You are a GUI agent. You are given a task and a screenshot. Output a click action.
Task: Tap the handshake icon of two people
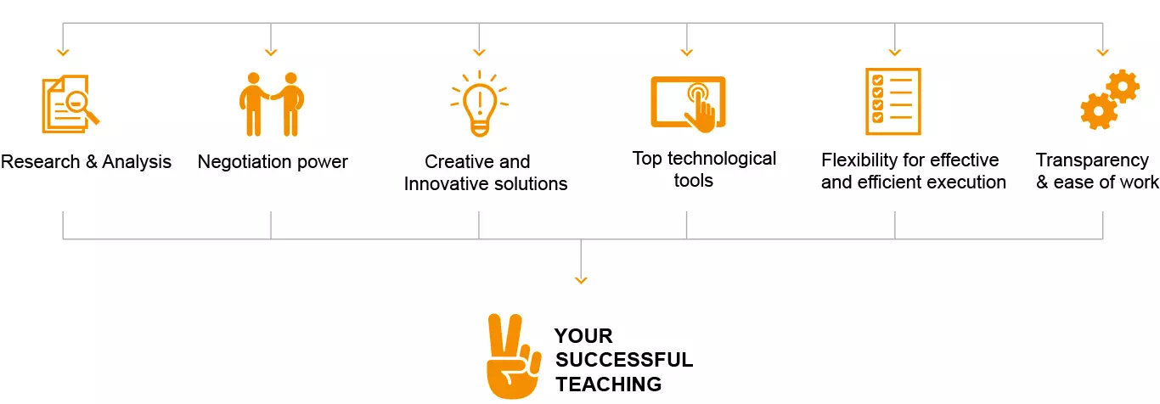(x=270, y=104)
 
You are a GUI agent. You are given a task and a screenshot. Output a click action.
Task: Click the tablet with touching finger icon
(x=688, y=104)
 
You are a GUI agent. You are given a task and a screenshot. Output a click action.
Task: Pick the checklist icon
(x=893, y=102)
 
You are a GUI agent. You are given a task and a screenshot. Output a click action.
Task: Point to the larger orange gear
(x=1098, y=111)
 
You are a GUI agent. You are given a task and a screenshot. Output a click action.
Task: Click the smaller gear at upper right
(x=1123, y=86)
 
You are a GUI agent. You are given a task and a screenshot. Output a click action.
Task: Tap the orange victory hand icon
(x=511, y=356)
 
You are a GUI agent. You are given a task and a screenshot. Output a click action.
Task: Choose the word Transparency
(x=1092, y=160)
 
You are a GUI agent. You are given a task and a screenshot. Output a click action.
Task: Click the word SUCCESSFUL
(x=624, y=360)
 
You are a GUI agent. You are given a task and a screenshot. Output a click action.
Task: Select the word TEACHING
(x=609, y=384)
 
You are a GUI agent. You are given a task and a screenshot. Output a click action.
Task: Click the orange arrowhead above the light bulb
(x=479, y=52)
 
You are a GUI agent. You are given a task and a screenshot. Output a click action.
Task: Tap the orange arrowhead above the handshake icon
(x=271, y=52)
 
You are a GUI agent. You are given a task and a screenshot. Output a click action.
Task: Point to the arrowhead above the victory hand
(x=581, y=278)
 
